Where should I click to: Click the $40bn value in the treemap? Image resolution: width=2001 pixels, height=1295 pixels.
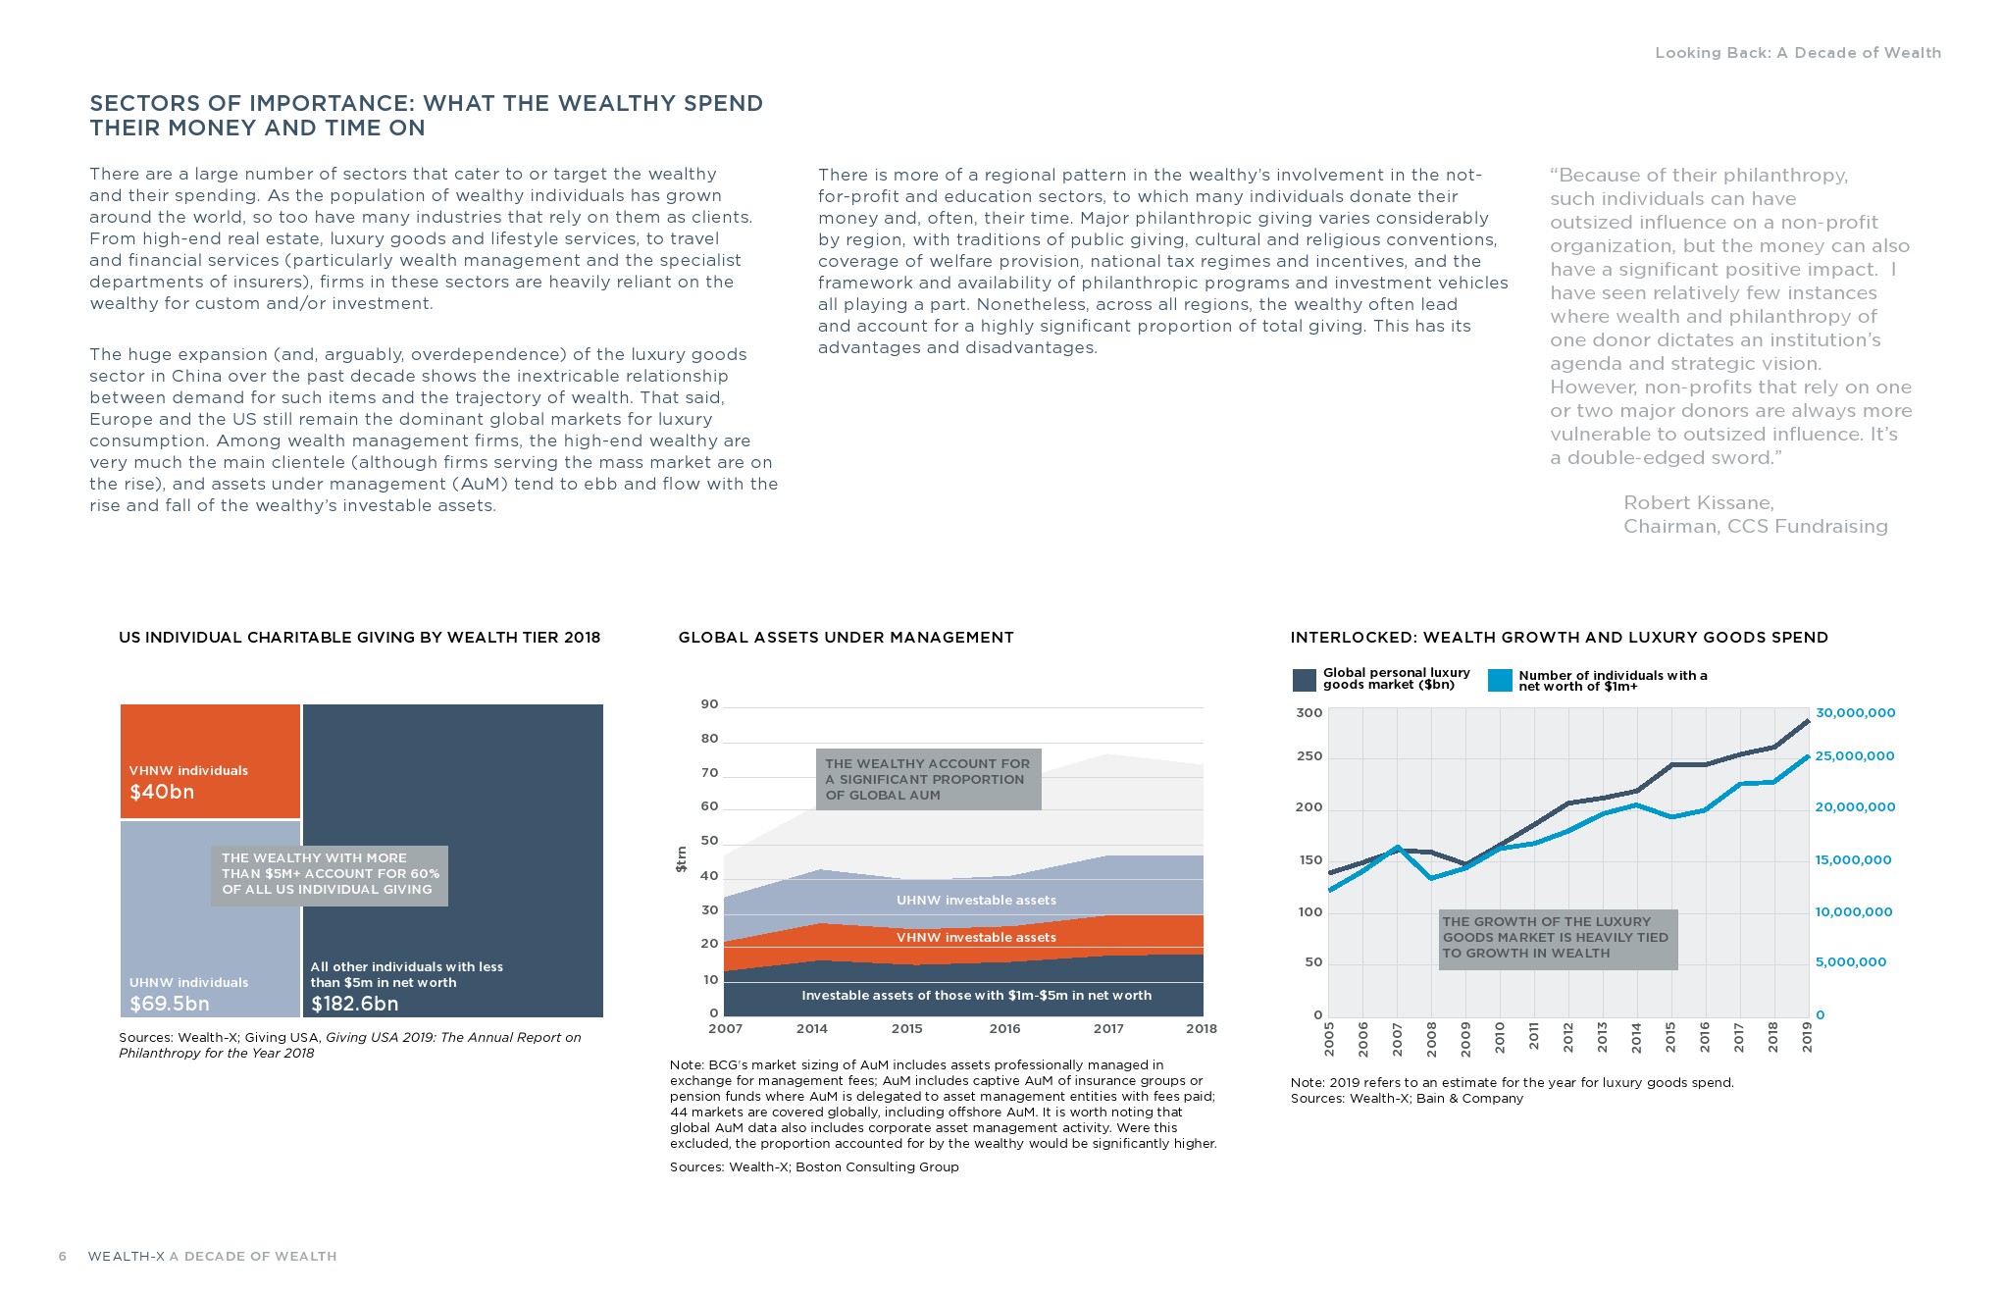(162, 792)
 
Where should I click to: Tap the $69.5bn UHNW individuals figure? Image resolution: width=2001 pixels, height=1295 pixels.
(170, 1004)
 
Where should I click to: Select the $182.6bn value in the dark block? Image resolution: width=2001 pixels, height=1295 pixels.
(354, 1004)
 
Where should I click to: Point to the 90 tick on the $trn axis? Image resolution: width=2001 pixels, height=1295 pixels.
(709, 704)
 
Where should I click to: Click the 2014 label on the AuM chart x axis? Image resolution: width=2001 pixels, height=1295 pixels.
(812, 1028)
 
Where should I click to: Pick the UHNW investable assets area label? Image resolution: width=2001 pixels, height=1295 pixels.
(976, 900)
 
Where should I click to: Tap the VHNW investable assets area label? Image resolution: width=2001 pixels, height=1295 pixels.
(976, 937)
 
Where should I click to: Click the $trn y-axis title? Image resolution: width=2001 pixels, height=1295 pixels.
(681, 859)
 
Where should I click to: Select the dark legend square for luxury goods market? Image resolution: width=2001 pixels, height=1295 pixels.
(1305, 680)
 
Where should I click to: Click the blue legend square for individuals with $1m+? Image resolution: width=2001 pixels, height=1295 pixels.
(1500, 680)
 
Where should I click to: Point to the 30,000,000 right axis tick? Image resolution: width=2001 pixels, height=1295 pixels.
(1855, 713)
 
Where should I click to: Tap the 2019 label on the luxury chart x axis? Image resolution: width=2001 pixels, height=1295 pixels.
(1808, 1038)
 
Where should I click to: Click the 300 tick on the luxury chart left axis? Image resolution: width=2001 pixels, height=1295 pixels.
(1309, 713)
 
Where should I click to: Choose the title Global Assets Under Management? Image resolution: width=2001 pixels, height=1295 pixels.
(846, 638)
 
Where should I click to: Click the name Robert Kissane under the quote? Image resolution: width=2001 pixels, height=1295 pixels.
(1698, 503)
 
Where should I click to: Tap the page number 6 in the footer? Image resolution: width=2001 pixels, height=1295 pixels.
(63, 1256)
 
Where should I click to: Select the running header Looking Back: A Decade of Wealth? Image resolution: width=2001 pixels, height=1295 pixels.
(1797, 53)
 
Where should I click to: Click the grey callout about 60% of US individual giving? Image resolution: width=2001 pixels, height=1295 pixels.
(329, 874)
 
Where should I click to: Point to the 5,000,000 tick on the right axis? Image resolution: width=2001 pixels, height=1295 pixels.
(1850, 962)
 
